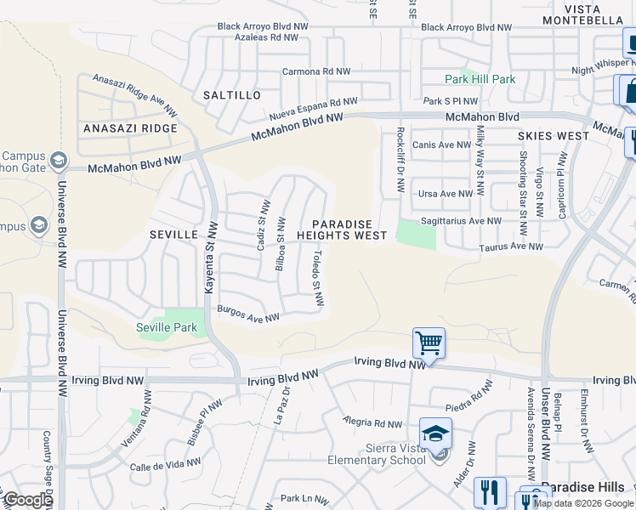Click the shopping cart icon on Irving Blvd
(429, 344)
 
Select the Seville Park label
(166, 327)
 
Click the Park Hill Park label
(480, 79)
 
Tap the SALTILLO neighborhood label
(232, 95)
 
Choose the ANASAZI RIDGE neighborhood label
(130, 128)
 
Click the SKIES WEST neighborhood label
(554, 136)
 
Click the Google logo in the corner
(27, 500)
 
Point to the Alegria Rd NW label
(372, 422)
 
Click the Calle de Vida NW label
(165, 466)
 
